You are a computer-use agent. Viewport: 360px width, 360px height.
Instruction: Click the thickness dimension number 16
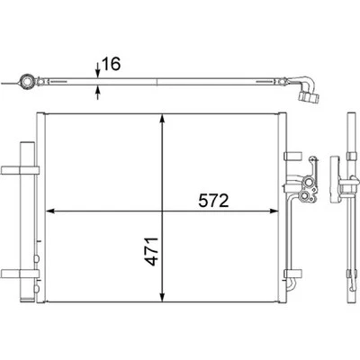pos(111,65)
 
